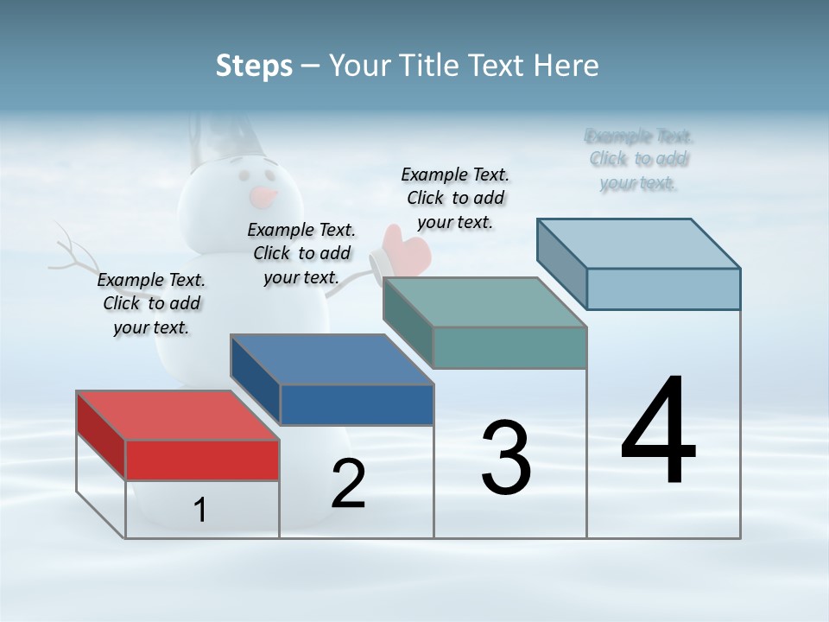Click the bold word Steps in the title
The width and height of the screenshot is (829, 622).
pos(254,66)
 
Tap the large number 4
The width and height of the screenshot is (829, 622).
pos(658,432)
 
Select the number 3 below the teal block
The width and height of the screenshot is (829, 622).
pos(506,458)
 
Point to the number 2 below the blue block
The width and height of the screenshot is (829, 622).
pos(348,484)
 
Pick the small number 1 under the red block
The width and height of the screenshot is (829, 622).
pos(199,510)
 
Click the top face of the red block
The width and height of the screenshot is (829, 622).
pos(177,416)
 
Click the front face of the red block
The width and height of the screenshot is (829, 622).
pos(202,460)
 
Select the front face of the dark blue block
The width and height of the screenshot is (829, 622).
pos(357,404)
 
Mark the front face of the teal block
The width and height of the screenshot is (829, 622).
pos(509,347)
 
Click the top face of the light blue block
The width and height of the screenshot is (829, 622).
pos(639,243)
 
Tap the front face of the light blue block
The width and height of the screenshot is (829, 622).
pos(663,289)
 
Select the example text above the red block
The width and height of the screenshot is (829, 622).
pos(151,303)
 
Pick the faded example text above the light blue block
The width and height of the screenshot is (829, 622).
pos(639,159)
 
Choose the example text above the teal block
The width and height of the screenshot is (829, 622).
pos(455,198)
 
